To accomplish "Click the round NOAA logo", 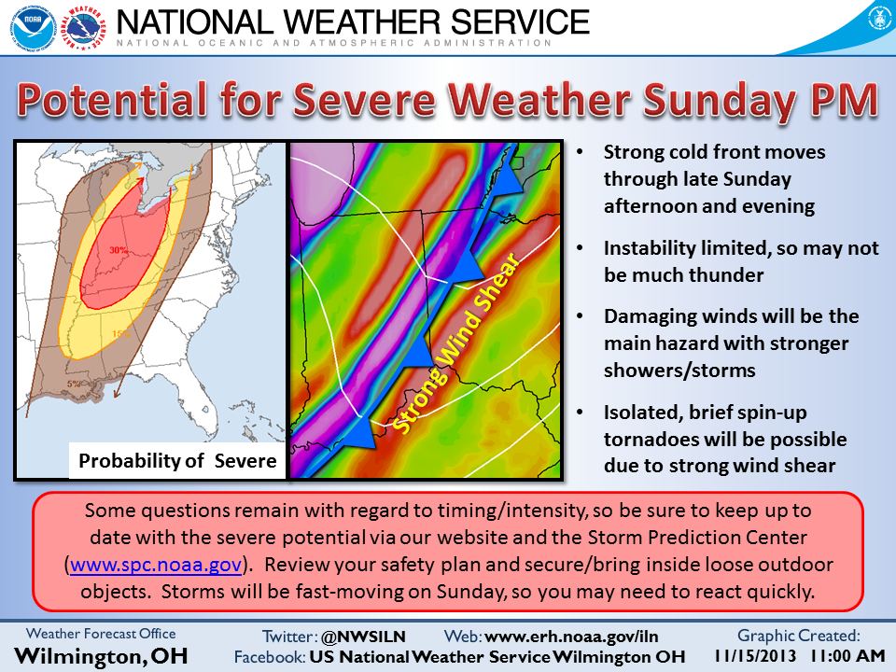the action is point(34,27).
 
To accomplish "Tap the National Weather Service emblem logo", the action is point(83,27).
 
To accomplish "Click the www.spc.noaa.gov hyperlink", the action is point(156,565).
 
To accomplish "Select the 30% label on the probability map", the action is point(119,250).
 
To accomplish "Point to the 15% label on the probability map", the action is point(121,334).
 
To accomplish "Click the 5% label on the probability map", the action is point(74,384).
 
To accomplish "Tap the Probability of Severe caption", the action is point(177,460).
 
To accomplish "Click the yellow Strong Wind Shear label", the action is point(456,343).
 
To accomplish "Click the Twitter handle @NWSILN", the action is point(363,637).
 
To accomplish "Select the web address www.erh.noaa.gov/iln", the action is point(571,637).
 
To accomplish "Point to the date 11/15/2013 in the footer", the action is point(755,655).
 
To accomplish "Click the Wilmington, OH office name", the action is point(101,656).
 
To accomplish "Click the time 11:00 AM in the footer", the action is point(848,655).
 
